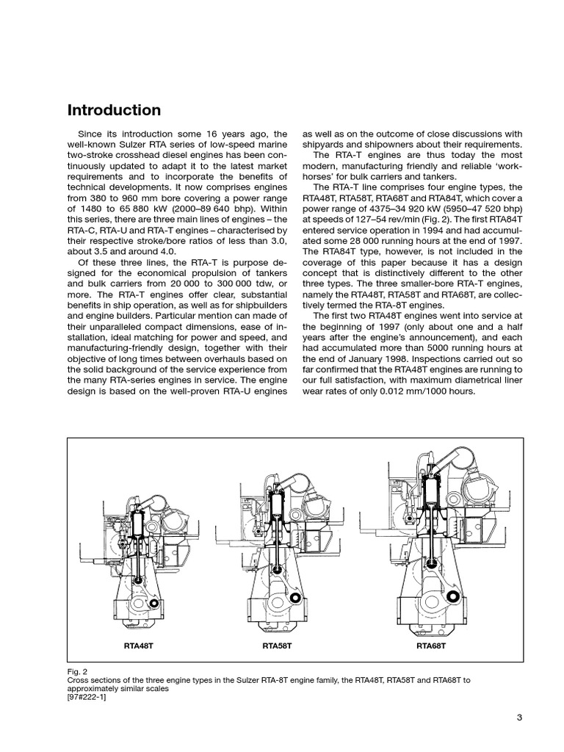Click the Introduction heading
[x=114, y=110]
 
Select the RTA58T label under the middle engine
[x=277, y=647]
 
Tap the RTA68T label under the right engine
[x=431, y=647]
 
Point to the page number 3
[x=518, y=718]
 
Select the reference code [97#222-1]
[x=90, y=698]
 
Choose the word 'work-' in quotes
[x=509, y=166]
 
